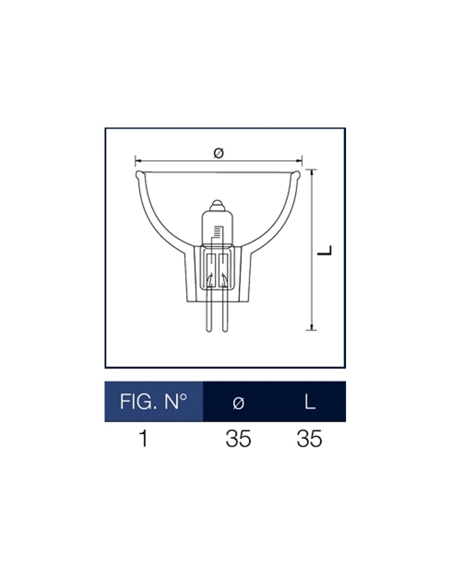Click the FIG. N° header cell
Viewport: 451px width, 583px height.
(x=153, y=402)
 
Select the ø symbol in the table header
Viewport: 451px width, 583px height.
(x=239, y=403)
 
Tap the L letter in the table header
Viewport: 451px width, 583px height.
(x=310, y=402)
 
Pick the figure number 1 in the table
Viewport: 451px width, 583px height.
(x=144, y=439)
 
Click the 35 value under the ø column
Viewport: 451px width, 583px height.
(x=238, y=439)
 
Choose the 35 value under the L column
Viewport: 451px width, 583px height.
(x=309, y=439)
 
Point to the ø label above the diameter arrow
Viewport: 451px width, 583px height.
(x=219, y=153)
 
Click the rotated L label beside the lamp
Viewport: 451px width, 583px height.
(x=325, y=250)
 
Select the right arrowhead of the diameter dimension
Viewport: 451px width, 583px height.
(x=299, y=161)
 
